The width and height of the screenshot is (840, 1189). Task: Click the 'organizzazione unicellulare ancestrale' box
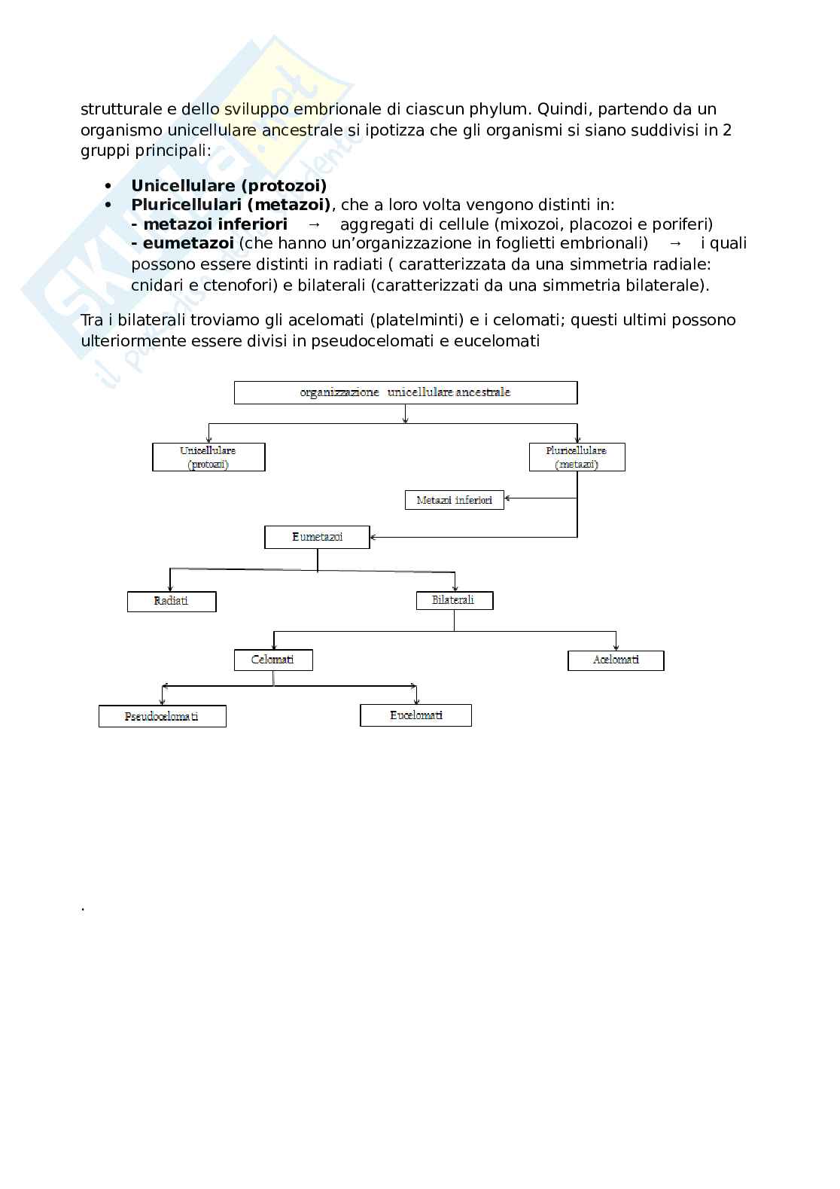[406, 392]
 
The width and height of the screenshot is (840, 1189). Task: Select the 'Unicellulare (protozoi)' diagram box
[208, 457]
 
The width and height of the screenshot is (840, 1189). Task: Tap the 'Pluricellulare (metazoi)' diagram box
[577, 457]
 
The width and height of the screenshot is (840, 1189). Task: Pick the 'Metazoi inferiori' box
[454, 500]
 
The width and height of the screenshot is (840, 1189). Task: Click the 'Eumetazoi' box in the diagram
[317, 537]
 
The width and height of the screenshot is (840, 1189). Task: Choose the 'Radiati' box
[172, 601]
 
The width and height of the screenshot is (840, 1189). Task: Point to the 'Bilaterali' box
[454, 600]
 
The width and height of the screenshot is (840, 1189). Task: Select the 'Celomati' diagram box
[273, 660]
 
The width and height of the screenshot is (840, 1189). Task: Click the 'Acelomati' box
[616, 660]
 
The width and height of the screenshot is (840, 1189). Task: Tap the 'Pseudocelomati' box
[162, 716]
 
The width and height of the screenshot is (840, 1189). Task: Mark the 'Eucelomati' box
[415, 715]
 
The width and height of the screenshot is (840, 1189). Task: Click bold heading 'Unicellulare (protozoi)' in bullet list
[229, 185]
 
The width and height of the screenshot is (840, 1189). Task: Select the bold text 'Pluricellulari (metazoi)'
[230, 204]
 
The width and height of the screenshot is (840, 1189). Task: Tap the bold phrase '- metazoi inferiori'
[208, 224]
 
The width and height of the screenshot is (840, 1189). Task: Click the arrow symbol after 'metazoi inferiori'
[315, 224]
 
